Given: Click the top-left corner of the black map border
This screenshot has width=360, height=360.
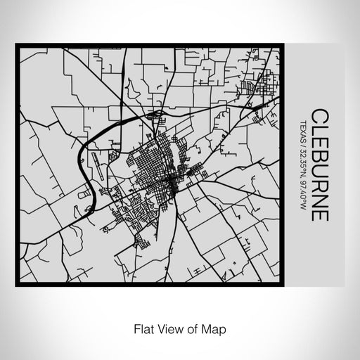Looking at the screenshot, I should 18,46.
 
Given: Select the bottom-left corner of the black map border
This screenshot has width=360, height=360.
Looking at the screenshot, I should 18,284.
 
